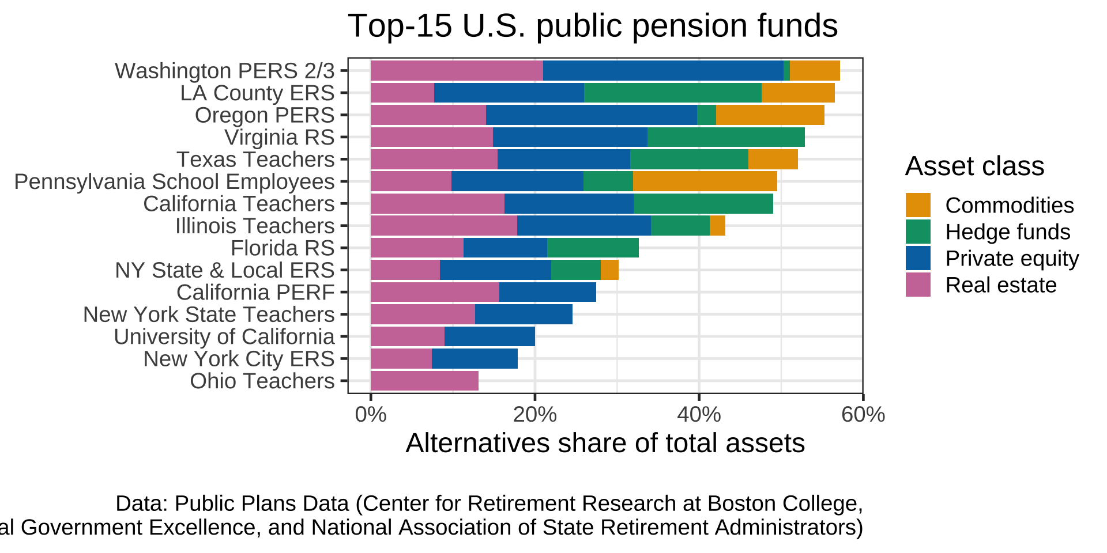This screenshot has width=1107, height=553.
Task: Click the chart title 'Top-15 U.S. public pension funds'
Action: [593, 26]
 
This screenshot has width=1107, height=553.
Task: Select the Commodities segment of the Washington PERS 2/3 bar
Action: [814, 71]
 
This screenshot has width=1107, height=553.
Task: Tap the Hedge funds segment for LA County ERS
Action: [672, 93]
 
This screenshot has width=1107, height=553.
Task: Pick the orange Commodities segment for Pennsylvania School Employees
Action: [705, 181]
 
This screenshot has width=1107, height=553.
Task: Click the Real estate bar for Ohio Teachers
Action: [424, 381]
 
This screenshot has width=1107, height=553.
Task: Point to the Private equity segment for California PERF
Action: [547, 292]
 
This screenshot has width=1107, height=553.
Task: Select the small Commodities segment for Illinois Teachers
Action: [717, 226]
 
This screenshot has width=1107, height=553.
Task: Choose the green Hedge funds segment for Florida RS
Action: [593, 248]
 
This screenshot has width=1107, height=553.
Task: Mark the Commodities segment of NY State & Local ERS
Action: [609, 270]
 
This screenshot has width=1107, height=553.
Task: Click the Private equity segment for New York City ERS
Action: [475, 359]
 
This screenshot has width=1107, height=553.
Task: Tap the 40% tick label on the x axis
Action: [699, 415]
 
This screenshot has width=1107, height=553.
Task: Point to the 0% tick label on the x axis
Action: [371, 415]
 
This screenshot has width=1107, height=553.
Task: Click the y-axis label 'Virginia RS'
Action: [280, 138]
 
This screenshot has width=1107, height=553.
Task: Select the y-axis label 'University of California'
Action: [224, 337]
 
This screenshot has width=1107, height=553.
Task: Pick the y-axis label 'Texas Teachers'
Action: [255, 160]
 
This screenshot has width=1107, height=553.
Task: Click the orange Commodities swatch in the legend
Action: [918, 205]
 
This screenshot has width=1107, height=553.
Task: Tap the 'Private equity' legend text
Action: [1012, 259]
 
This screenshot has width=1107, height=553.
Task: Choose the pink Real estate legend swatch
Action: [918, 285]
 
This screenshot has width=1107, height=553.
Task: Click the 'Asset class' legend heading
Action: [974, 166]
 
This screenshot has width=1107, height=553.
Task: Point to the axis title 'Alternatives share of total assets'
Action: [605, 444]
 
